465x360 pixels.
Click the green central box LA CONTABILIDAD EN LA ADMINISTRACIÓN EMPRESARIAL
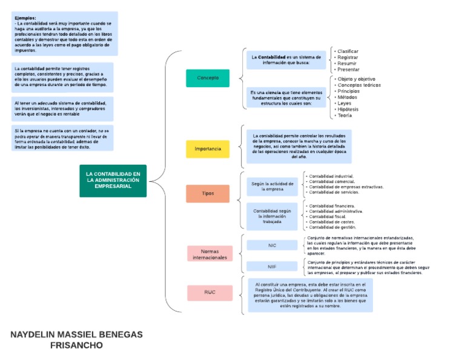click(113, 180)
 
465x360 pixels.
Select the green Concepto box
click(208, 78)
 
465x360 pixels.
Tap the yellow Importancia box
click(208, 148)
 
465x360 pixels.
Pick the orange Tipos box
click(208, 193)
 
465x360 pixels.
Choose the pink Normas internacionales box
click(209, 254)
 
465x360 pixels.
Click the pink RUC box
click(209, 292)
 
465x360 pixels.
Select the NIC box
click(272, 245)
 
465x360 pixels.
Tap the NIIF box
click(272, 267)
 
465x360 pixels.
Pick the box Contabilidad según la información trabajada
click(272, 216)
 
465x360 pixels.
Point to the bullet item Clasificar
click(348, 52)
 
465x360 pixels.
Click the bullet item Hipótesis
click(348, 109)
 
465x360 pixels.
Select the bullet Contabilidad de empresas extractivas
click(346, 187)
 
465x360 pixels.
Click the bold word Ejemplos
click(25, 18)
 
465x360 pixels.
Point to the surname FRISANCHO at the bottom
click(77, 345)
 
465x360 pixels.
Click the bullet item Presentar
click(348, 69)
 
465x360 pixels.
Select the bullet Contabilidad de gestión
click(332, 227)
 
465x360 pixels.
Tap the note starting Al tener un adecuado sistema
click(62, 108)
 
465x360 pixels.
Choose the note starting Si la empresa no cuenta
click(62, 138)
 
